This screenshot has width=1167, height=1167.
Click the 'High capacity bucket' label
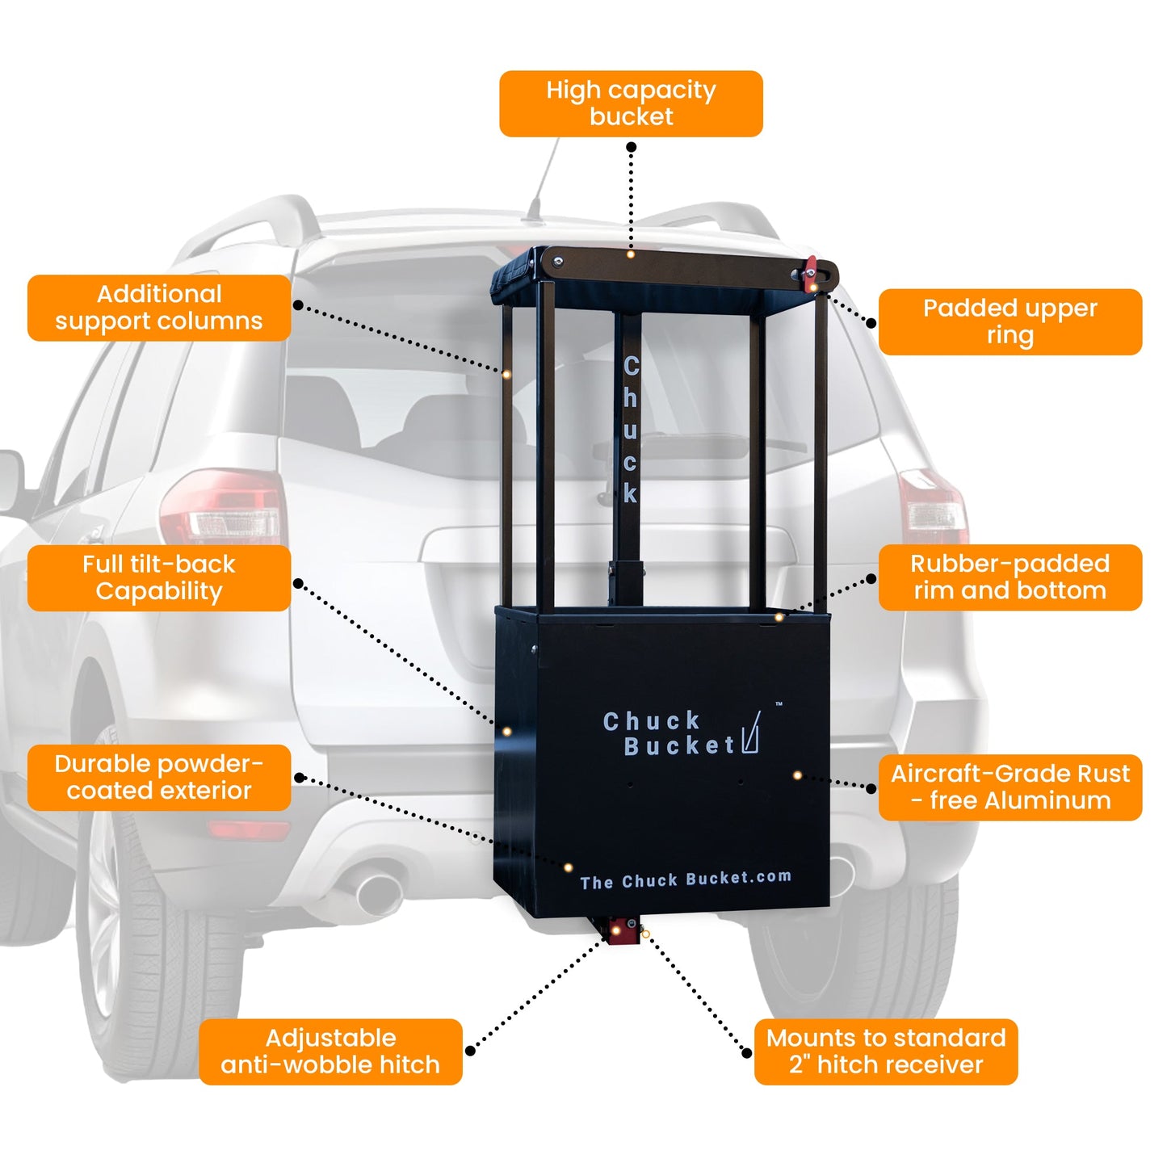tap(631, 103)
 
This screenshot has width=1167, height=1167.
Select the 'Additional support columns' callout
tap(159, 308)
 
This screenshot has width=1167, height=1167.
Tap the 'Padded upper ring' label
tap(1010, 321)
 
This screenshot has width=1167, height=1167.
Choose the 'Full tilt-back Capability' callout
tap(159, 577)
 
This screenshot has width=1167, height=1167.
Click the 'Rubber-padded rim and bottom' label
tap(1010, 577)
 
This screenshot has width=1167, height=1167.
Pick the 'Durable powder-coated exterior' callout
tap(159, 777)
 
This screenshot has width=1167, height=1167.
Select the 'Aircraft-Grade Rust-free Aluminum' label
tap(1010, 787)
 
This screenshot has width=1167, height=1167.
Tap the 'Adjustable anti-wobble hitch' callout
tap(330, 1051)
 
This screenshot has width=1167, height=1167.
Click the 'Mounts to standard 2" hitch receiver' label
tap(886, 1051)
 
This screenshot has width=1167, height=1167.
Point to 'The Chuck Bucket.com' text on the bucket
tap(686, 879)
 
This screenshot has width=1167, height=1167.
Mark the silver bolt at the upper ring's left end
tap(557, 260)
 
